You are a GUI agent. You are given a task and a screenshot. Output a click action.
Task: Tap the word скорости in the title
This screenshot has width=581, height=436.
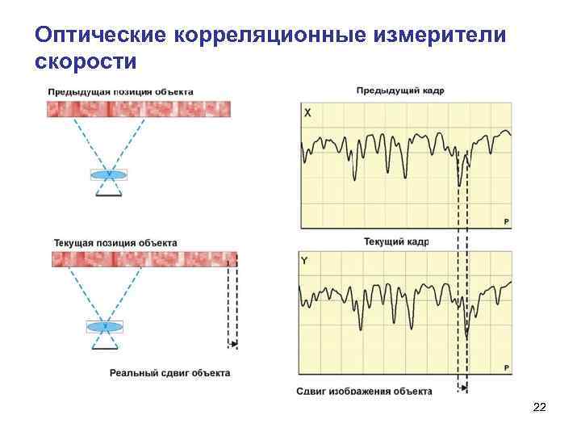[86, 61]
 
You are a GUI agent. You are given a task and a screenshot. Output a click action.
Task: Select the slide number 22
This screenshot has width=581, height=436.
[540, 409]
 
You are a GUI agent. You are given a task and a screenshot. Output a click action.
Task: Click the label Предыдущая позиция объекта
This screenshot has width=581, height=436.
[120, 91]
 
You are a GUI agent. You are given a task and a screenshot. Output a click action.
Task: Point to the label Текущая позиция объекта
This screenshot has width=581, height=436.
[115, 242]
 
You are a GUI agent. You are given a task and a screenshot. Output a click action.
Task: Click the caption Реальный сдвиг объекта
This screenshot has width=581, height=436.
[169, 373]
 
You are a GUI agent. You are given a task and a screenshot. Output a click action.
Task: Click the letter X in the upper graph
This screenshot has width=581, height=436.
[307, 114]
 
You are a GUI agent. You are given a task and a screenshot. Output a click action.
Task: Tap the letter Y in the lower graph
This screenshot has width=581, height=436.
[304, 262]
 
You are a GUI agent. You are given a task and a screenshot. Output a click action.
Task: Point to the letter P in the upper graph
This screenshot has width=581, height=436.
[506, 220]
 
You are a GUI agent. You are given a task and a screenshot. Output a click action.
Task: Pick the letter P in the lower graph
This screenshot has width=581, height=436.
[506, 368]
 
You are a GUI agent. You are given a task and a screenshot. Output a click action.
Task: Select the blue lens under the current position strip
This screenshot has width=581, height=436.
[105, 326]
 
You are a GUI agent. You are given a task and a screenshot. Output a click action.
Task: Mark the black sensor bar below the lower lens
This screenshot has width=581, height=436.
[105, 348]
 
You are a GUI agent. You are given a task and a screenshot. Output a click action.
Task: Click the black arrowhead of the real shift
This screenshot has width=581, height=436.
[234, 345]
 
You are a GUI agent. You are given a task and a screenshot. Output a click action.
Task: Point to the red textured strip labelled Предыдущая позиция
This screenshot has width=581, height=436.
[139, 109]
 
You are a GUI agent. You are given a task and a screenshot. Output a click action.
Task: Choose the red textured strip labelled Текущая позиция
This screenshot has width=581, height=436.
[144, 259]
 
